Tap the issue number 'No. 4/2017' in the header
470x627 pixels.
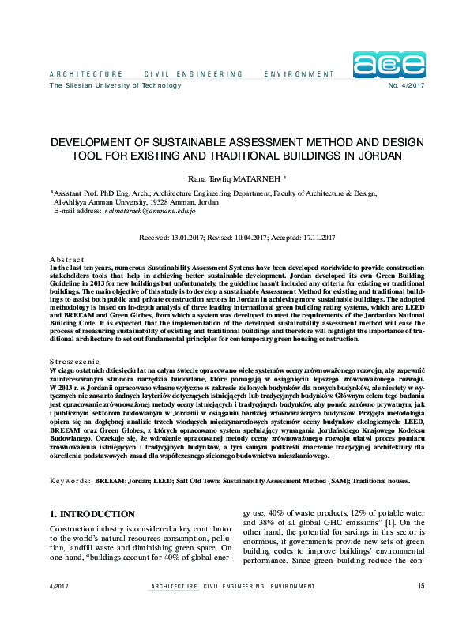click(405, 85)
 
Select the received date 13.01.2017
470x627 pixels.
click(190, 238)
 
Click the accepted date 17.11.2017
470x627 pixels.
click(314, 238)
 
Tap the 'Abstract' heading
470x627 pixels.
click(66, 259)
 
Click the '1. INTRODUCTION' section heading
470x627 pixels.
click(92, 514)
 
